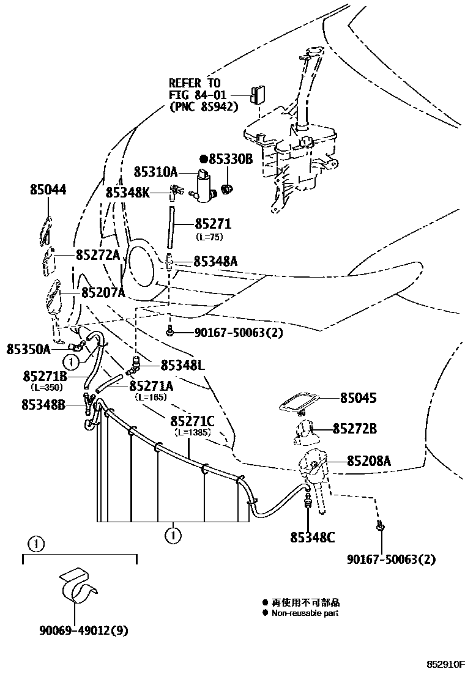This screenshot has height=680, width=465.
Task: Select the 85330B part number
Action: (230, 159)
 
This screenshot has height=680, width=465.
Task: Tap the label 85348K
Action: (127, 192)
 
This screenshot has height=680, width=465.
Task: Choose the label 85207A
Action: (103, 293)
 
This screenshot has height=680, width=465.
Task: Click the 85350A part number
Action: (28, 349)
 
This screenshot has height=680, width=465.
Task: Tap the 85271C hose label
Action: (192, 421)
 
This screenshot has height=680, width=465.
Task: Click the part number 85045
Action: (358, 398)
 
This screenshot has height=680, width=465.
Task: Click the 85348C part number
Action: (313, 538)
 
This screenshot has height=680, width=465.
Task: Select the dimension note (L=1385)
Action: (193, 432)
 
